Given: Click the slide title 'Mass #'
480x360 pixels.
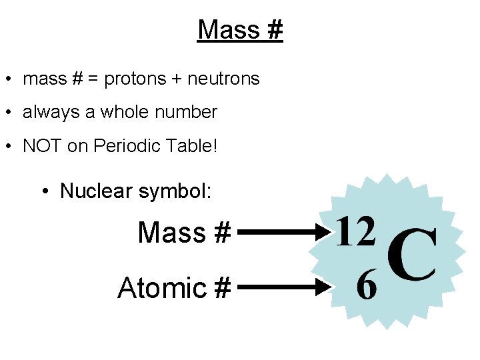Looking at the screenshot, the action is [240, 30].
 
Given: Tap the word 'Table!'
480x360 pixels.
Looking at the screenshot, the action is [193, 146].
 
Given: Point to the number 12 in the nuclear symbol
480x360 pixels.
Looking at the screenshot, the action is [355, 233].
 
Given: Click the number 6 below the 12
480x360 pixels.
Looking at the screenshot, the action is [367, 287].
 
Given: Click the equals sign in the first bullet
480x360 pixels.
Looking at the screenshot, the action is [93, 79].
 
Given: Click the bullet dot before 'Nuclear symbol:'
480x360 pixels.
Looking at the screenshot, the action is [45, 192].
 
